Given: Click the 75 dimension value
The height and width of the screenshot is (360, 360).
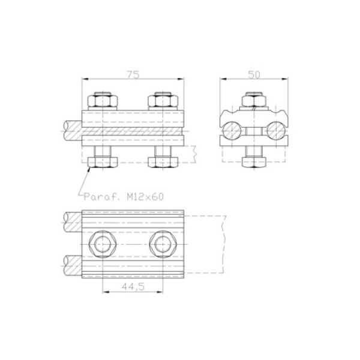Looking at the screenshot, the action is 133,74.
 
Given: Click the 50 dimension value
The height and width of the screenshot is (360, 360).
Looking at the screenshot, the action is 254,74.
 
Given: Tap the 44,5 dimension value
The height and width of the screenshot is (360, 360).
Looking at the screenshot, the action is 133,286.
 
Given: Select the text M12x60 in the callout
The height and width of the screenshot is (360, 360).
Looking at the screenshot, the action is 145,197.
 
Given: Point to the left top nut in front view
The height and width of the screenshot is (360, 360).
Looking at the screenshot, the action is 103,101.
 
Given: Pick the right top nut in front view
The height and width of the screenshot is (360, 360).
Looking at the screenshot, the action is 163,101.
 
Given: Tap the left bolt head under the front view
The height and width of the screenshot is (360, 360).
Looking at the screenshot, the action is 103,162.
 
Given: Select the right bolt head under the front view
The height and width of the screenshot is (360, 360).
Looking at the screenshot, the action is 163,162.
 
